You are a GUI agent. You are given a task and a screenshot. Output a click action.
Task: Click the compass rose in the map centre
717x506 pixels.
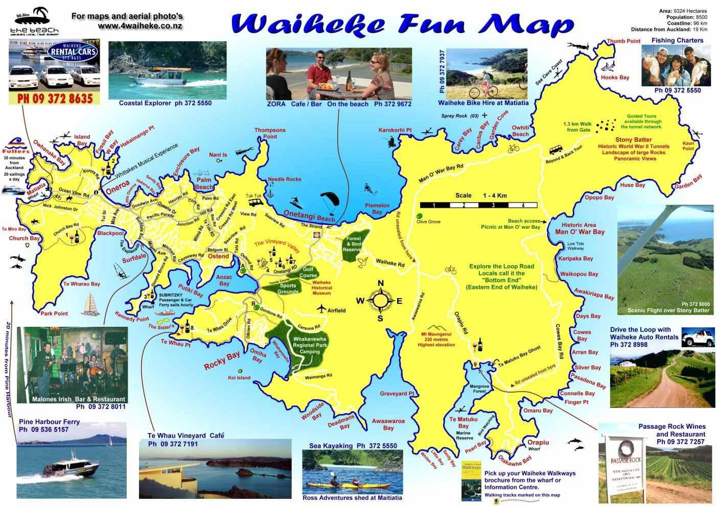click(x=380, y=301)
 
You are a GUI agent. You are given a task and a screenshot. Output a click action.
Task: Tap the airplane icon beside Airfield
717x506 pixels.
click(x=321, y=309)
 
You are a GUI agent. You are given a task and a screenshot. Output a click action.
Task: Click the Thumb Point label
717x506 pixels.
click(x=623, y=41)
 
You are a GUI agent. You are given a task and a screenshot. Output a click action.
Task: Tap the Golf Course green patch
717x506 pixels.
click(x=308, y=272)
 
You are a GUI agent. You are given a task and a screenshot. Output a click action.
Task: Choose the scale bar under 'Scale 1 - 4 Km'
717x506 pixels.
click(x=478, y=205)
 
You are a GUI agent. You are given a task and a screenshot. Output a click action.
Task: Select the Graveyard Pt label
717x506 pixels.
click(x=397, y=394)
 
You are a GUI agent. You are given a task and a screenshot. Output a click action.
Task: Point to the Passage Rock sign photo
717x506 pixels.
click(x=625, y=463)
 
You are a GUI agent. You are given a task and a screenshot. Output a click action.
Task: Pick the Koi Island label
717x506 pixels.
click(x=239, y=378)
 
